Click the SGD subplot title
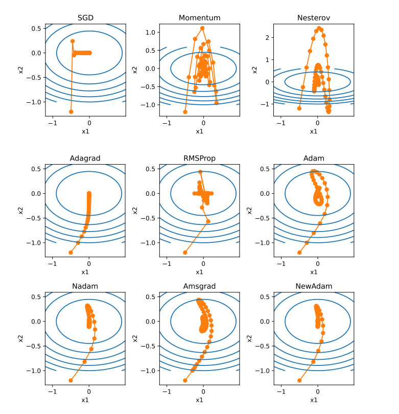85,18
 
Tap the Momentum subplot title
199,18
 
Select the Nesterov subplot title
314,18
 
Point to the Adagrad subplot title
85,158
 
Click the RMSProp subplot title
199,158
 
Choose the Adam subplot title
314,158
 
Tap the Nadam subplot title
85,286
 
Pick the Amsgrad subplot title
199,286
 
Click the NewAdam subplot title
314,286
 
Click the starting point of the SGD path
71,111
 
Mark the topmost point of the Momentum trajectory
202,28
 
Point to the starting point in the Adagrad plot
71,252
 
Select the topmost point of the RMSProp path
200,172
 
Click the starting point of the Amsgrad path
185,380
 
